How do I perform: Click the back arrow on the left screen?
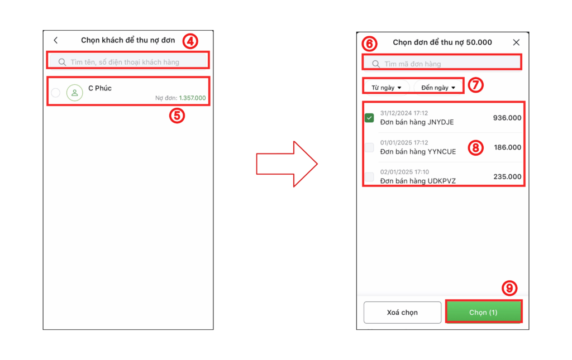(56, 40)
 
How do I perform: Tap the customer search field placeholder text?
(125, 62)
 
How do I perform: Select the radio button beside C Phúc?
(56, 93)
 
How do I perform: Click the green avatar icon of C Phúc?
(74, 93)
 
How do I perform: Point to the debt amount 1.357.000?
(192, 98)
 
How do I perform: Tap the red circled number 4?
(190, 41)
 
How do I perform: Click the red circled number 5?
(177, 116)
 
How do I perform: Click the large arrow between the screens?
(287, 164)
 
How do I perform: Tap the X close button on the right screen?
(516, 42)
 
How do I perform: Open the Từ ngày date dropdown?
(387, 88)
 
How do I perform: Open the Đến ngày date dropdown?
(438, 88)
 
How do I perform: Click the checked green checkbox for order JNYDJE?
(369, 118)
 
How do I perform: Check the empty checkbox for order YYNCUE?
(369, 147)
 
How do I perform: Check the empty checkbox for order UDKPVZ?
(369, 177)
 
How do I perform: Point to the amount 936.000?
(507, 118)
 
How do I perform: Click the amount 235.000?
(507, 177)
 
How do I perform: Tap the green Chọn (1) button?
(483, 312)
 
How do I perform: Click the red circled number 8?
(476, 147)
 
